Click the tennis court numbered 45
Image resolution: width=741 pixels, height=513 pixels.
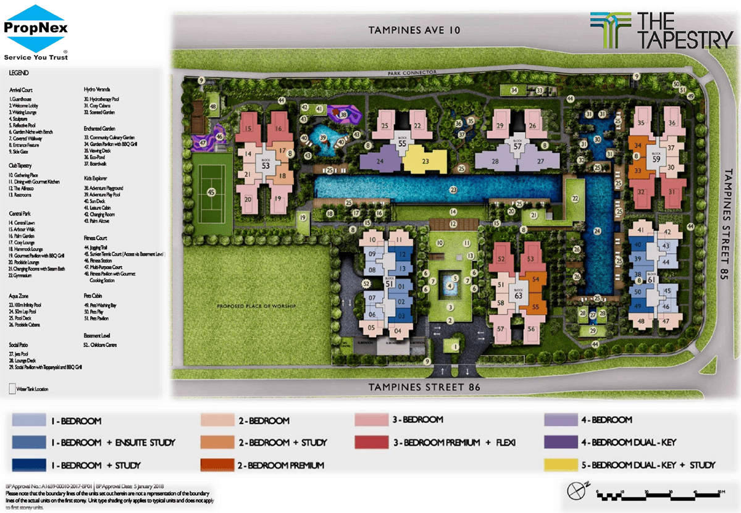(x=212, y=192)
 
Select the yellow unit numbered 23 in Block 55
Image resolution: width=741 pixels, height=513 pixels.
(x=425, y=161)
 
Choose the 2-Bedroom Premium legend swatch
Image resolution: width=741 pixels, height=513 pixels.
(x=217, y=464)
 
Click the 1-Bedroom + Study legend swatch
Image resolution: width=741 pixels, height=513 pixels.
(x=29, y=464)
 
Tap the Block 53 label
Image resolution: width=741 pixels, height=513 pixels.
(x=266, y=165)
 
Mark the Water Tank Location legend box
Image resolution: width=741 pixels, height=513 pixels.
(x=13, y=389)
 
